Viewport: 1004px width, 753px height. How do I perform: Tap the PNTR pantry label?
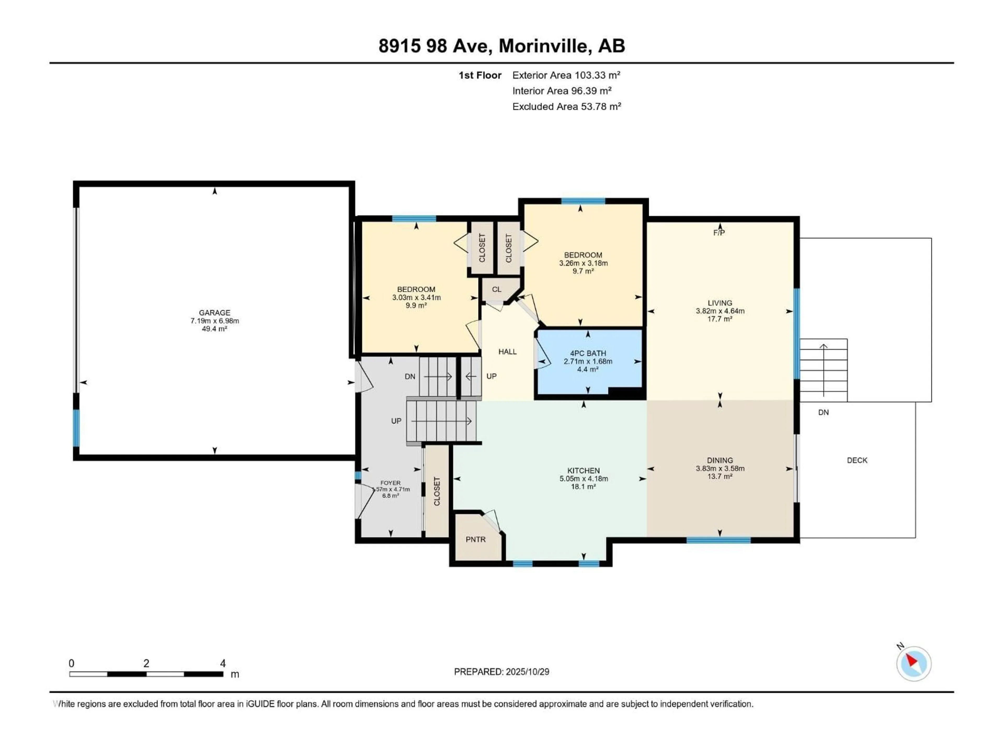(475, 539)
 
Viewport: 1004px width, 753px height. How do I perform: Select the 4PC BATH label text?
(588, 353)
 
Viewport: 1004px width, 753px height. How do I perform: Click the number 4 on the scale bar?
(223, 663)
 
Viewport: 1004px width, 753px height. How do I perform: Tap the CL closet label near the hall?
(497, 289)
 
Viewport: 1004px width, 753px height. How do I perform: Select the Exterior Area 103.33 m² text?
(566, 75)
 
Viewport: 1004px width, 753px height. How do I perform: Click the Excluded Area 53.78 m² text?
(567, 107)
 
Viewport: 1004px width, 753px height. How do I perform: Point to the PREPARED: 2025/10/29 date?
(501, 672)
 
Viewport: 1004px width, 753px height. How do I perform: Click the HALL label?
(507, 351)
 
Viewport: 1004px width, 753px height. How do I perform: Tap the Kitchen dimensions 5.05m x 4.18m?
(584, 478)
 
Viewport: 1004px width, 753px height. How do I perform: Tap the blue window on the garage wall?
(76, 428)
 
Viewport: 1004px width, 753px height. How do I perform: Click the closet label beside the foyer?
(437, 491)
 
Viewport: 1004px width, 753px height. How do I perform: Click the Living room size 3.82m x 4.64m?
(720, 311)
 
